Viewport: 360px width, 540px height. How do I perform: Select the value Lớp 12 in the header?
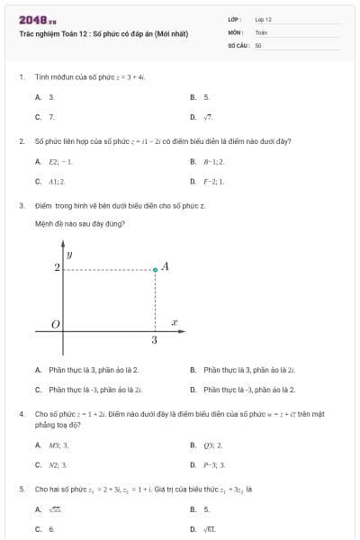click(x=263, y=19)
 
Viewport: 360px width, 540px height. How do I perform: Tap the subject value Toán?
click(x=261, y=31)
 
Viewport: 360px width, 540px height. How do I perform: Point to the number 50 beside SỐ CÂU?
click(x=258, y=44)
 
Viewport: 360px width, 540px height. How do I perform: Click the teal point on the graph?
click(x=155, y=269)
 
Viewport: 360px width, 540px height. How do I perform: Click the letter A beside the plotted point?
click(x=166, y=267)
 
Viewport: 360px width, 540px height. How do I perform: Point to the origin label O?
click(x=55, y=324)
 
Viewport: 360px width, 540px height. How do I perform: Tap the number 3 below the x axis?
click(x=155, y=340)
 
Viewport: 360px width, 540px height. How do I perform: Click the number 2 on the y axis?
click(x=57, y=268)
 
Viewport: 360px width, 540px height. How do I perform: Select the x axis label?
click(x=174, y=321)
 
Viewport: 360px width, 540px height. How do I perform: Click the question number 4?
click(x=21, y=413)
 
